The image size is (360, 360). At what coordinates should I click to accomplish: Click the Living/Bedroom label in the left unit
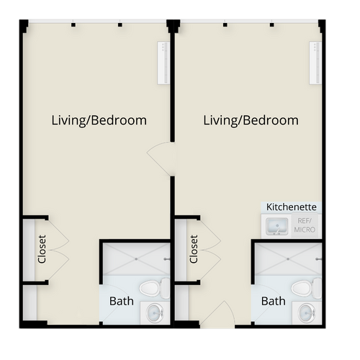point(99,120)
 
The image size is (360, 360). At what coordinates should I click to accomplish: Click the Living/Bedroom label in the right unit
point(251,120)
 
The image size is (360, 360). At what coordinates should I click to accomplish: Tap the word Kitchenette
point(292,207)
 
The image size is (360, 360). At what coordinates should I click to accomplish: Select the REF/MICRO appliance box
point(305,225)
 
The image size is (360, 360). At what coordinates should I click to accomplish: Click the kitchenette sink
point(277,226)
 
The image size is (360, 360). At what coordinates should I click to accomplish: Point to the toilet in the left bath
point(155,288)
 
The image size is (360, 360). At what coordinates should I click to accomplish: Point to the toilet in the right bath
point(307,288)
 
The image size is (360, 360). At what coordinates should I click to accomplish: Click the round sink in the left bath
point(155,313)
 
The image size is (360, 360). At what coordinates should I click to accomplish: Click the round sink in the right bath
point(307,313)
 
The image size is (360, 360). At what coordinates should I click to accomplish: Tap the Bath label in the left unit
point(122,301)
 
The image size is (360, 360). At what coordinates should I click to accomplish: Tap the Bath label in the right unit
point(274,301)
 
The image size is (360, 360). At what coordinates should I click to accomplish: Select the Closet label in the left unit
point(42,249)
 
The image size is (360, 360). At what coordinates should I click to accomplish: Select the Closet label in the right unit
point(194,249)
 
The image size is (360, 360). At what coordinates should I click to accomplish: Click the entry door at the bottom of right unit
point(217,315)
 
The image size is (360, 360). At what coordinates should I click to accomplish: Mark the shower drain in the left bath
point(136,259)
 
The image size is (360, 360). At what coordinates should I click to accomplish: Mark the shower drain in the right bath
point(288,259)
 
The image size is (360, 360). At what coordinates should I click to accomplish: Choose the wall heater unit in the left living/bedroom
point(163,63)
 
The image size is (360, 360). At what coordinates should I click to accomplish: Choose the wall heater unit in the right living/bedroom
point(315,63)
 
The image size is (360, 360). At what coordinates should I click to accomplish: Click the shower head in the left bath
point(167,259)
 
